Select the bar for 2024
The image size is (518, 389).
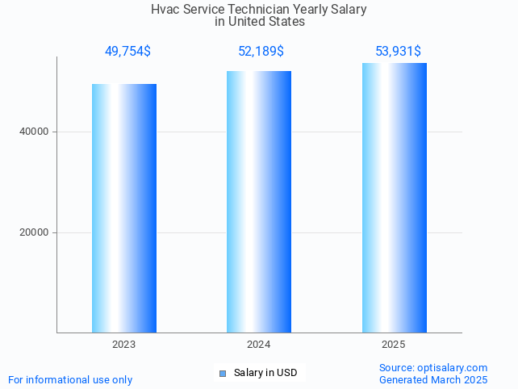pos(259,201)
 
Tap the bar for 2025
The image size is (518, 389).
pos(394,197)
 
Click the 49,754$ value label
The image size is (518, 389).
pos(127,52)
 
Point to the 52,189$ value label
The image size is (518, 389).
pos(261,52)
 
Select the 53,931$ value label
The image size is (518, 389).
pos(398,52)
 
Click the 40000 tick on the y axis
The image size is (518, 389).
pos(33,132)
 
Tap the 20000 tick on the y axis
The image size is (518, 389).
pos(33,232)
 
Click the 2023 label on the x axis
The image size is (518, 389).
pos(123,345)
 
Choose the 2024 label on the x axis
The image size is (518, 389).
pos(259,345)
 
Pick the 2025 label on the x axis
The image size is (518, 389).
pos(394,345)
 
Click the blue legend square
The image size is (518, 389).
pos(223,373)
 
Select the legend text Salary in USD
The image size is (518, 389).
pos(265,373)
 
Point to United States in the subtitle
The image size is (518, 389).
pos(267,22)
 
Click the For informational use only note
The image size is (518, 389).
pos(70,379)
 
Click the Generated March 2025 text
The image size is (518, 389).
pos(433,379)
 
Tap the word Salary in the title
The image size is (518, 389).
pos(349,10)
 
